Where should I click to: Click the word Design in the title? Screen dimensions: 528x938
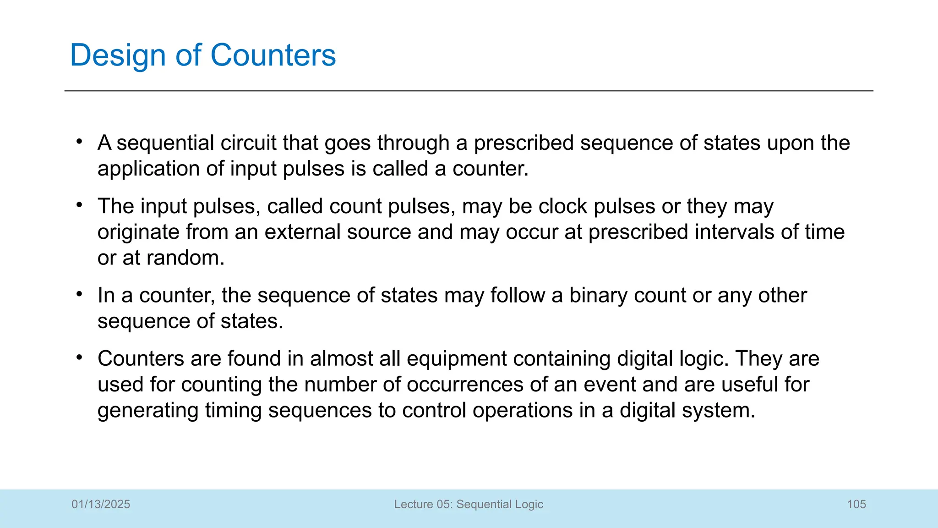point(117,55)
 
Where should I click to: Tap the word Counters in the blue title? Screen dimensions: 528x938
point(273,55)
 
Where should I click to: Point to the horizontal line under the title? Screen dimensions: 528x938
point(469,91)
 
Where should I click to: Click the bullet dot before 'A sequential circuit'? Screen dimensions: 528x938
point(80,142)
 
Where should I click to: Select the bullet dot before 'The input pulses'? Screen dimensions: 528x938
point(80,205)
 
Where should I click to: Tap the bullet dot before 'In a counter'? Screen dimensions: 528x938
point(80,294)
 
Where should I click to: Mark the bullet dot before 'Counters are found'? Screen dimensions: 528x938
point(80,357)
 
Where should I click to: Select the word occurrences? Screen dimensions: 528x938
point(464,385)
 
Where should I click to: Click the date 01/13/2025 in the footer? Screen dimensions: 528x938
point(101,504)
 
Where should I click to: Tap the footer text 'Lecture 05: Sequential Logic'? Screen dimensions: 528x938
point(469,504)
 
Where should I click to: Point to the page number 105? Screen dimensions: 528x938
point(856,504)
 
